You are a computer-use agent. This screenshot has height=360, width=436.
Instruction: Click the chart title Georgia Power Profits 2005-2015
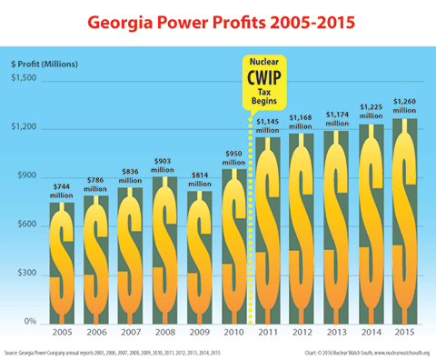click(x=218, y=20)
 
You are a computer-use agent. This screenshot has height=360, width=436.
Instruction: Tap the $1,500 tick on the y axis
click(x=24, y=79)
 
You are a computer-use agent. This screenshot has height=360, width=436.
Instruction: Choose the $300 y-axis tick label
click(x=25, y=274)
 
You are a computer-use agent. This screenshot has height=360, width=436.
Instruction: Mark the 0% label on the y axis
click(x=28, y=323)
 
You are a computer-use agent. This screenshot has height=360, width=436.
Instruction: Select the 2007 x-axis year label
click(x=129, y=334)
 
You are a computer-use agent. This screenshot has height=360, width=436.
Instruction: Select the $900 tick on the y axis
click(x=25, y=176)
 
